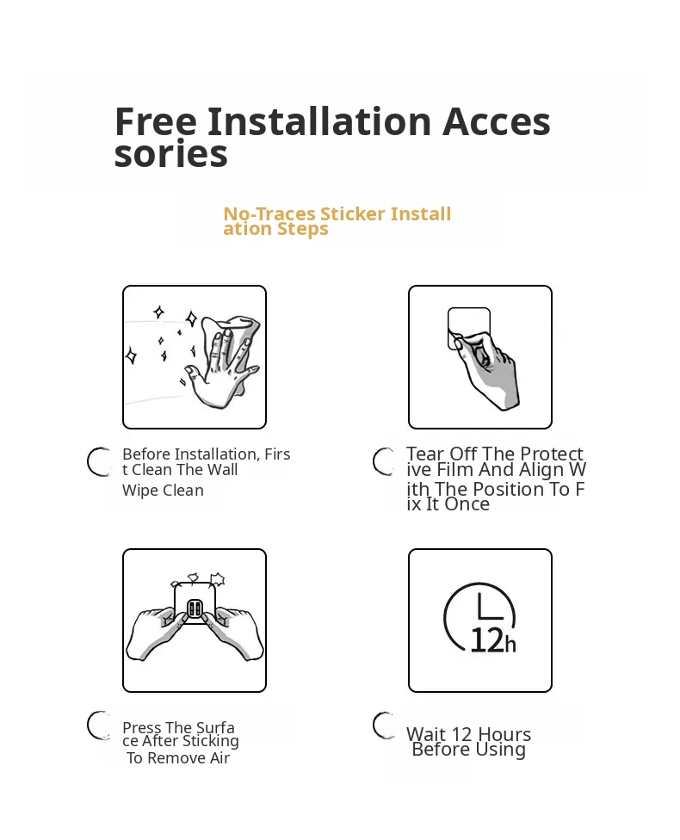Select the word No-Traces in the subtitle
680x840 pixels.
pyautogui.click(x=269, y=213)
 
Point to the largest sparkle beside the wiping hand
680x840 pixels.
pyautogui.click(x=191, y=318)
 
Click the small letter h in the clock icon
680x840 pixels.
pyautogui.click(x=510, y=645)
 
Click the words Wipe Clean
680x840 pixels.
pyautogui.click(x=163, y=491)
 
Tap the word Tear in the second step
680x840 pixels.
pyautogui.click(x=425, y=454)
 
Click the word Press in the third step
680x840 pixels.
pyautogui.click(x=142, y=727)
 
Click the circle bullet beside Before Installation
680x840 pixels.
pyautogui.click(x=100, y=461)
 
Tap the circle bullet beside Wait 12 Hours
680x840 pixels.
pyautogui.click(x=384, y=726)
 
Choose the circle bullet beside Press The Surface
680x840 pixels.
pyautogui.click(x=99, y=726)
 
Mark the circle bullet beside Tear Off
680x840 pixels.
pyautogui.click(x=385, y=461)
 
